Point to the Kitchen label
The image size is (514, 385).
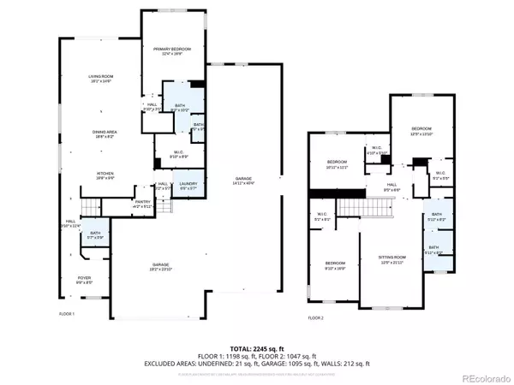(105, 176)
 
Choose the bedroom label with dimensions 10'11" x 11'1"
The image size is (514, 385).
(338, 165)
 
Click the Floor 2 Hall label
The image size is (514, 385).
(391, 187)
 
